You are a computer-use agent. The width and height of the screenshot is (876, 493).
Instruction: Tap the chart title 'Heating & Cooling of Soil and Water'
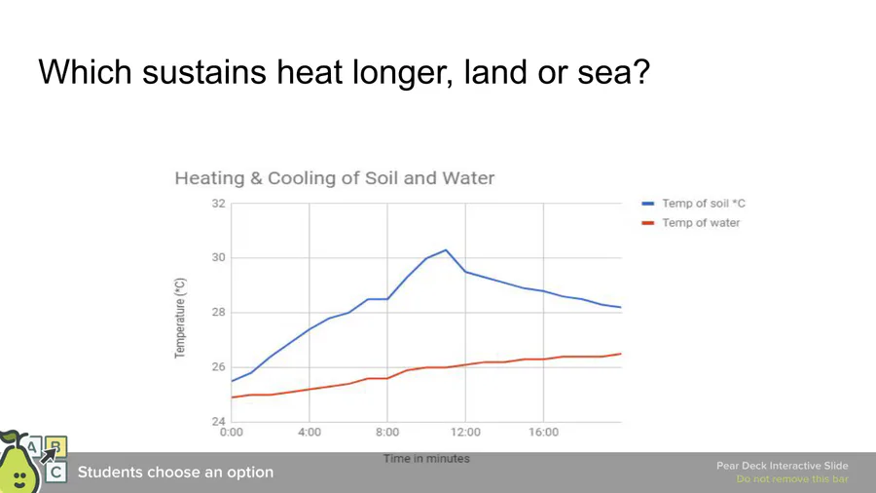pyautogui.click(x=334, y=178)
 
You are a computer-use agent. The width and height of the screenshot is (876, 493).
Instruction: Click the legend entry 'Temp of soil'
pyautogui.click(x=703, y=204)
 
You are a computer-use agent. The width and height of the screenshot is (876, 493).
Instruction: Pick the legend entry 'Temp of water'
pyautogui.click(x=700, y=223)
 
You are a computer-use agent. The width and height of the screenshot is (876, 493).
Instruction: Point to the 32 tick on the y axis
pyautogui.click(x=218, y=204)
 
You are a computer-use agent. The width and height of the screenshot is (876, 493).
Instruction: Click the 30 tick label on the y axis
pyautogui.click(x=218, y=258)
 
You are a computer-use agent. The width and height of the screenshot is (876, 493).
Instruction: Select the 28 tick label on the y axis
pyautogui.click(x=218, y=313)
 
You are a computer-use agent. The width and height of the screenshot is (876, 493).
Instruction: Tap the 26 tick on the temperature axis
pyautogui.click(x=218, y=367)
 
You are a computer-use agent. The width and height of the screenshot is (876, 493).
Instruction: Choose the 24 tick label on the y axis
pyautogui.click(x=218, y=421)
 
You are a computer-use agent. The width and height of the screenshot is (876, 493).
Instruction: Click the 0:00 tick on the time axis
pyautogui.click(x=232, y=432)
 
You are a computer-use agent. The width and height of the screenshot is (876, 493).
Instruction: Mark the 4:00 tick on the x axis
pyautogui.click(x=310, y=432)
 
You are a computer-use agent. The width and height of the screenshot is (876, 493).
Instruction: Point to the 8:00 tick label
pyautogui.click(x=387, y=432)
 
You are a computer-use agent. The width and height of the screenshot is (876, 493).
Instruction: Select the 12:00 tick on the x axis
pyautogui.click(x=465, y=432)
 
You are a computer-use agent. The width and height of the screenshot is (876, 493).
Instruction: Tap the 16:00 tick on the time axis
pyautogui.click(x=543, y=432)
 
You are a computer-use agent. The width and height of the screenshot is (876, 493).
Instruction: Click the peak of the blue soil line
pyautogui.click(x=446, y=249)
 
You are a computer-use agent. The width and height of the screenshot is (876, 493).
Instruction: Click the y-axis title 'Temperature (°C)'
pyautogui.click(x=180, y=318)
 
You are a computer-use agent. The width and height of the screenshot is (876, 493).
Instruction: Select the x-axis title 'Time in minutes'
pyautogui.click(x=426, y=458)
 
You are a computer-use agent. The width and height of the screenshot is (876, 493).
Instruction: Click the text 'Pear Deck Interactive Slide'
pyautogui.click(x=782, y=466)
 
